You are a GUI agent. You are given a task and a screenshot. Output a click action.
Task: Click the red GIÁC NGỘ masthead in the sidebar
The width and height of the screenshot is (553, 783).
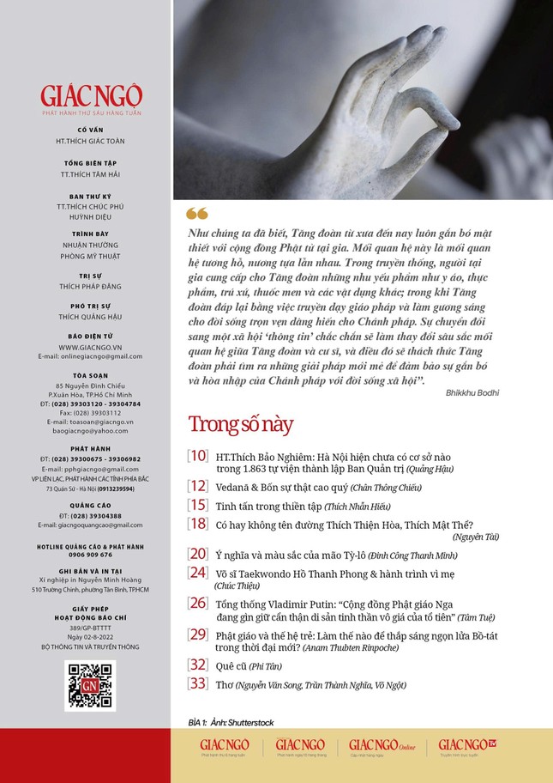[90, 95]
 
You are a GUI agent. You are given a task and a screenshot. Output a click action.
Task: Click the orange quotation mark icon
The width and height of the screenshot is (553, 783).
[196, 214]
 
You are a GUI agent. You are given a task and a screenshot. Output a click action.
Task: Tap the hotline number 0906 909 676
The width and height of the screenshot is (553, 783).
[90, 555]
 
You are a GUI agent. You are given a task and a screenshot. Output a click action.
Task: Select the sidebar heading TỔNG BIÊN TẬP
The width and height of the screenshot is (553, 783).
[90, 162]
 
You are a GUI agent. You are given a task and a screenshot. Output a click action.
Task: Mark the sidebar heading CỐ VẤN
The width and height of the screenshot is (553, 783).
[90, 130]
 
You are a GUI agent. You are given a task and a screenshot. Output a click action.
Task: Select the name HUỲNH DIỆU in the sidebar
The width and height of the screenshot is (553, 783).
[90, 216]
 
